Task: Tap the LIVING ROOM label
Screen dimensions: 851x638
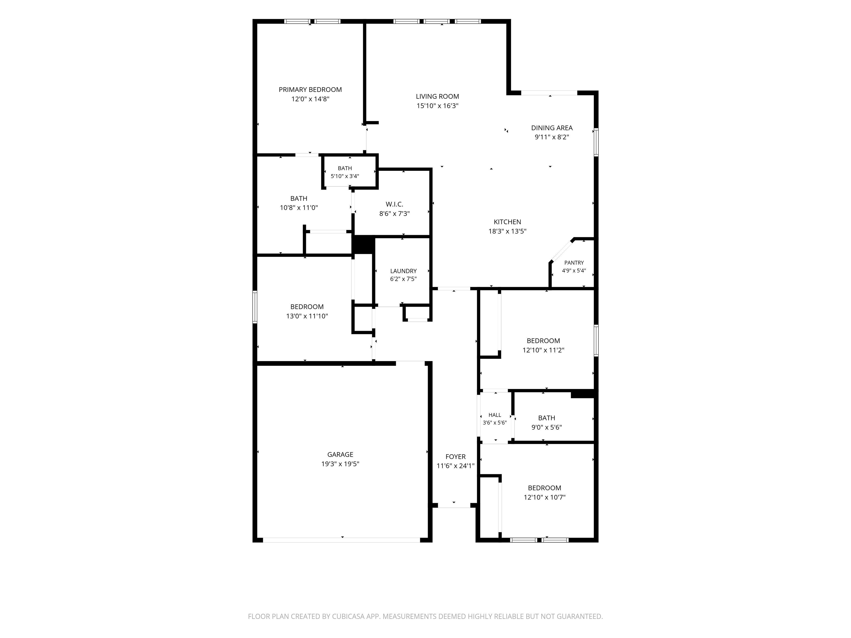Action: click(x=437, y=97)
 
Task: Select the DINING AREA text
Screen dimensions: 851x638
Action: click(x=552, y=128)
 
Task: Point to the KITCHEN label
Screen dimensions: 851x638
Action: click(x=507, y=222)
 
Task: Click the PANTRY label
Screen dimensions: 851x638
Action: click(x=574, y=263)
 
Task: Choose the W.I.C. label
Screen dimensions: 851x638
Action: click(x=394, y=204)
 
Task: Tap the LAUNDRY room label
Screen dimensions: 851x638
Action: click(x=403, y=271)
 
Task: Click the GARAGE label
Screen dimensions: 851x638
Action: click(x=340, y=455)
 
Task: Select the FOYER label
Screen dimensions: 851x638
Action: click(x=455, y=457)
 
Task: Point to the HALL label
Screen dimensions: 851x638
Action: click(x=495, y=415)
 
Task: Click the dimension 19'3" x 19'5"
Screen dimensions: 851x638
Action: click(x=340, y=464)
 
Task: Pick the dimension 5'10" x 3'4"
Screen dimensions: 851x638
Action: click(x=345, y=176)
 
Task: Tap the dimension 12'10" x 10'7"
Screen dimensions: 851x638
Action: click(x=544, y=497)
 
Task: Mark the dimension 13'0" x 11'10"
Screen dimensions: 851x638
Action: click(x=307, y=316)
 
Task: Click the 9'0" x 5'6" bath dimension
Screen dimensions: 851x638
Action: click(x=546, y=427)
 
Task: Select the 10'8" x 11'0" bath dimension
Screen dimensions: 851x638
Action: click(x=299, y=208)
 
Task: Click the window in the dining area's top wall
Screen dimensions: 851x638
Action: click(x=549, y=93)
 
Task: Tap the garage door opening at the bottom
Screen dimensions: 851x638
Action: click(x=341, y=540)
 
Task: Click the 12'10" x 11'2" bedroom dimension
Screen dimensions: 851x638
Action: click(x=543, y=350)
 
